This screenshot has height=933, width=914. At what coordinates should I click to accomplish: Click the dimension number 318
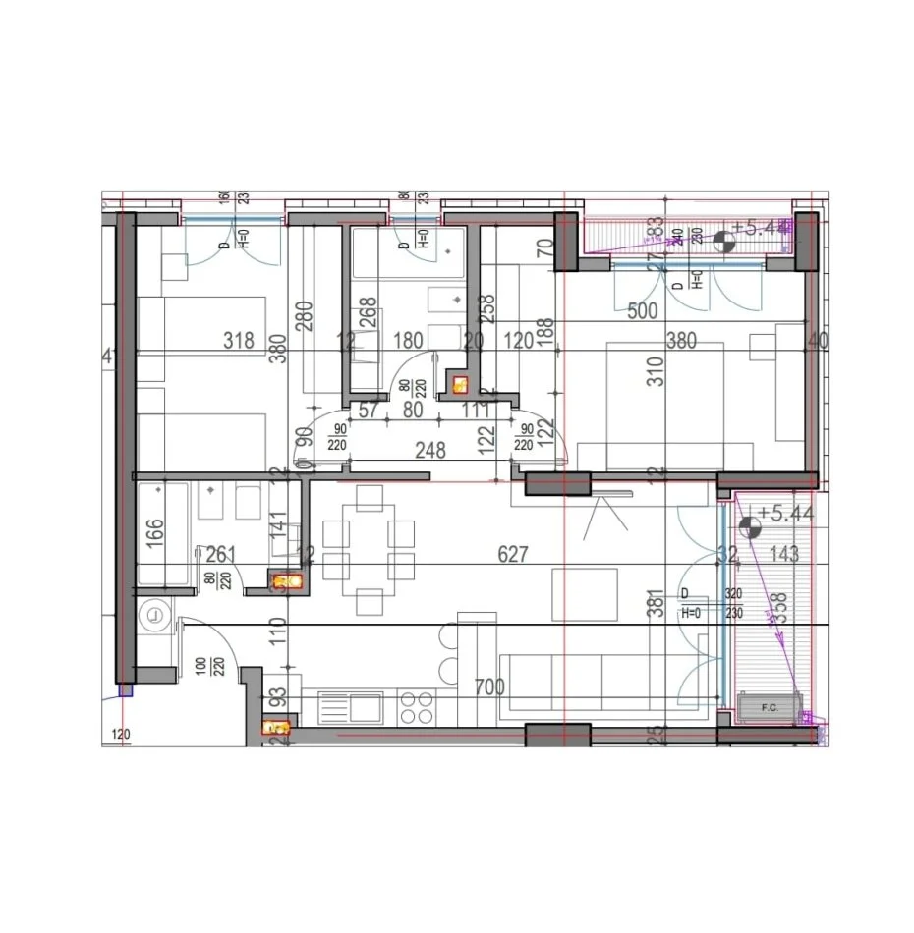coord(239,341)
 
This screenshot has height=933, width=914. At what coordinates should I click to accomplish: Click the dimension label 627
coord(512,555)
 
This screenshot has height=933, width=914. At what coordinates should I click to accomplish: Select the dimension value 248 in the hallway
coord(430,451)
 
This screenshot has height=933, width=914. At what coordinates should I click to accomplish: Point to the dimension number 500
coord(643,312)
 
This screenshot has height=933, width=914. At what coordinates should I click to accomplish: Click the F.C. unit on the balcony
coord(770,705)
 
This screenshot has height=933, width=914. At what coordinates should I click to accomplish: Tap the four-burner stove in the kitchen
coord(417,705)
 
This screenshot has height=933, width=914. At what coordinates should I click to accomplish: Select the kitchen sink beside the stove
coord(360,705)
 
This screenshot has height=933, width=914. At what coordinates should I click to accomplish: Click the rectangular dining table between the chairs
coord(369,548)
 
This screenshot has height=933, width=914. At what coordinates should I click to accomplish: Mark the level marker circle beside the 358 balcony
coord(749,526)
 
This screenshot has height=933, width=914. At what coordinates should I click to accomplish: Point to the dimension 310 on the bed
coord(656,370)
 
